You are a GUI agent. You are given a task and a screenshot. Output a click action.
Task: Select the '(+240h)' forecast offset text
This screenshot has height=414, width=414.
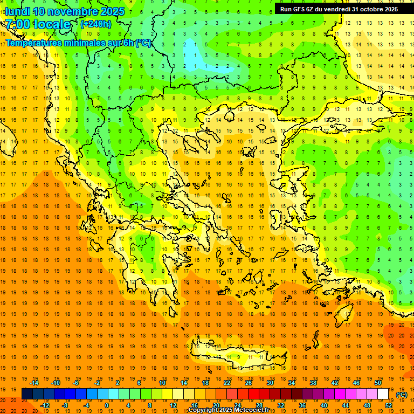click(x=96, y=24)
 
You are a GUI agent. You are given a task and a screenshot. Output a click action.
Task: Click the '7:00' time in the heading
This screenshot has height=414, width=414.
click(x=17, y=24)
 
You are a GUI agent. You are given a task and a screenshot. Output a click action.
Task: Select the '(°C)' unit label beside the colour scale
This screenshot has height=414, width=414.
click(x=402, y=395)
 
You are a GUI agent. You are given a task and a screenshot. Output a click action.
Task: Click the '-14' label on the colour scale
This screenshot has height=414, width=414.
click(x=35, y=383)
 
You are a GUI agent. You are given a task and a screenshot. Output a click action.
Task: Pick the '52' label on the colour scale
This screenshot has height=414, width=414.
click(x=389, y=405)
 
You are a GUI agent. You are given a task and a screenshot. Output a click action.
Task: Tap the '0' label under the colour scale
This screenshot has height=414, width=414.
click(x=107, y=405)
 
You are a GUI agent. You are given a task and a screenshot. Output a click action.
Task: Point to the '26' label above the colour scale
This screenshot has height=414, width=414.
click(x=249, y=383)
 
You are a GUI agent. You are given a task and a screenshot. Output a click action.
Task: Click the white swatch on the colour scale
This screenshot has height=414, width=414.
click(x=383, y=394)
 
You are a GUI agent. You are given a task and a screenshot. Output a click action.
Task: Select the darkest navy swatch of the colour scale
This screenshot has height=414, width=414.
click(x=27, y=394)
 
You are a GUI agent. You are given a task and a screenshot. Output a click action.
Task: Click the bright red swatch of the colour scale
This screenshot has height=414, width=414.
click(x=253, y=394)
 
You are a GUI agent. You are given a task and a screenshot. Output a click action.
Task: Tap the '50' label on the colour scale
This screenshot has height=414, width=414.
click(x=378, y=383)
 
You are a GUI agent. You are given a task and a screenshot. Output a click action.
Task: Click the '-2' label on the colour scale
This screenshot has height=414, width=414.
click(x=98, y=383)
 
